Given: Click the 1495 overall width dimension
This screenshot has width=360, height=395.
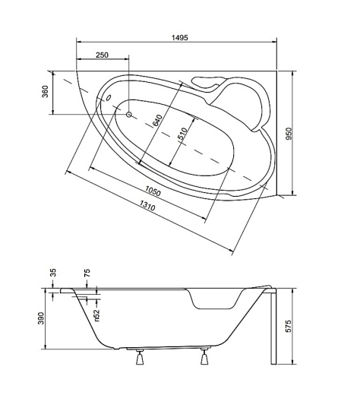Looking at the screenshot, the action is (x=180, y=38).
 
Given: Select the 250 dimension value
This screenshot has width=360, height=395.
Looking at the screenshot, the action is (x=102, y=55).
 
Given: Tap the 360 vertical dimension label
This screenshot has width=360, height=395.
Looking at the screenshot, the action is (x=45, y=92).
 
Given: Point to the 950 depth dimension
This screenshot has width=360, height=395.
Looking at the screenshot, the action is (x=289, y=134).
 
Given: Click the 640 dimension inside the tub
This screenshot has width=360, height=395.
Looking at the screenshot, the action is (x=157, y=121).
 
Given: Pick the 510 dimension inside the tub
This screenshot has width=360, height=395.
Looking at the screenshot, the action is (x=182, y=134).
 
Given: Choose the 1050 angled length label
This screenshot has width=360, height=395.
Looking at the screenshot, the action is (x=153, y=191).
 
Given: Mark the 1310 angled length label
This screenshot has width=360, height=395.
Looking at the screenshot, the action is (x=147, y=205).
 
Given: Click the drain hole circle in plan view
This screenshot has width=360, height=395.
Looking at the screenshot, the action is (x=129, y=115).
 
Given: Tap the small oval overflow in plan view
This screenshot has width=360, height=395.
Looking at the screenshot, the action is (x=109, y=97).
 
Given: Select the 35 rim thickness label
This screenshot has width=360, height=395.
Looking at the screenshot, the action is (x=53, y=273).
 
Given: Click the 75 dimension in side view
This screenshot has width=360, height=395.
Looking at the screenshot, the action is (x=87, y=273).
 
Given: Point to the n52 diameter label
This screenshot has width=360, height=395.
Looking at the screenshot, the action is (x=97, y=315).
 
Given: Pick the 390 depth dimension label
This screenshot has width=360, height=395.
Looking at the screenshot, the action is (x=40, y=318).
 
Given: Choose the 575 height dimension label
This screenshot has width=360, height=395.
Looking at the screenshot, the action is (x=289, y=326).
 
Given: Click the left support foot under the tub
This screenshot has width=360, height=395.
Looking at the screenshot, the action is (x=140, y=357).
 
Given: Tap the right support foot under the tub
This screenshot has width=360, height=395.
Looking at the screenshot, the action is (x=204, y=357).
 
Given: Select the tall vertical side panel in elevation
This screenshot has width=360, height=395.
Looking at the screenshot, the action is (x=273, y=327).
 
